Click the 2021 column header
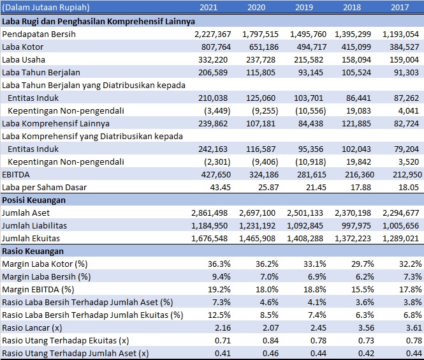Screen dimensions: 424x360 [208, 7]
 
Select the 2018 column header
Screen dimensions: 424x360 [352, 7]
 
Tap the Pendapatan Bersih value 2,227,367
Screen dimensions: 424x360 [213, 34]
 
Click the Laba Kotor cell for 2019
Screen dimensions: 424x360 [312, 47]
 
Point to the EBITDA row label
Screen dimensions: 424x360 [16, 175]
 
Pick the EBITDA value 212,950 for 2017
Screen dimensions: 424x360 [407, 175]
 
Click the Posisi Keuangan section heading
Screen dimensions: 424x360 [34, 200]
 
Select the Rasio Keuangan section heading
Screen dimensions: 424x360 [33, 251]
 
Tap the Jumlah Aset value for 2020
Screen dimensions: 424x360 [257, 213]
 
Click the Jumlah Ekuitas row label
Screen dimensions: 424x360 [31, 239]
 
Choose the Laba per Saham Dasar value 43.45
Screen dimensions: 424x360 [221, 188]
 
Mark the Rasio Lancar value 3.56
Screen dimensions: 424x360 [366, 328]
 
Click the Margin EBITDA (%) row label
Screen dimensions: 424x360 [38, 290]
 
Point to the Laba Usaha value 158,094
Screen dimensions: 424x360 [356, 60]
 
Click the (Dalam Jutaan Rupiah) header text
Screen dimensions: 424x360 [46, 7]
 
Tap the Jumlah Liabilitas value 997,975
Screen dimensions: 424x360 [356, 226]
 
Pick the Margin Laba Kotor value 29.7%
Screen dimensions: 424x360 [363, 264]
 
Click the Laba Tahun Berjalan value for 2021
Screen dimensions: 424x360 [213, 73]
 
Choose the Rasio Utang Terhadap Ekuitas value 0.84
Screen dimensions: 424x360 [270, 341]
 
